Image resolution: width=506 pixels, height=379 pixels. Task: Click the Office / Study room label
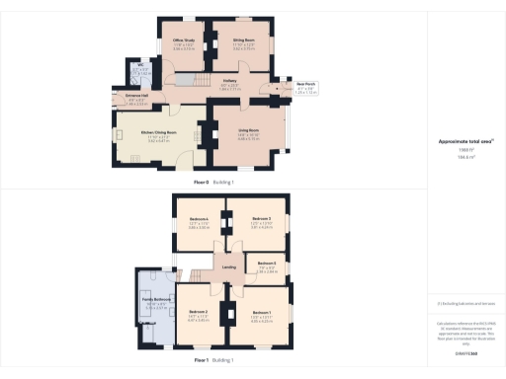tap(184, 39)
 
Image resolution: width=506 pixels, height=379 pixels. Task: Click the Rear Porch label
tap(282, 88)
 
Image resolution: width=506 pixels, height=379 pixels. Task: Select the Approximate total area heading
tap(464, 141)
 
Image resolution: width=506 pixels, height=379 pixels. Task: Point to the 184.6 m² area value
tap(464, 156)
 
